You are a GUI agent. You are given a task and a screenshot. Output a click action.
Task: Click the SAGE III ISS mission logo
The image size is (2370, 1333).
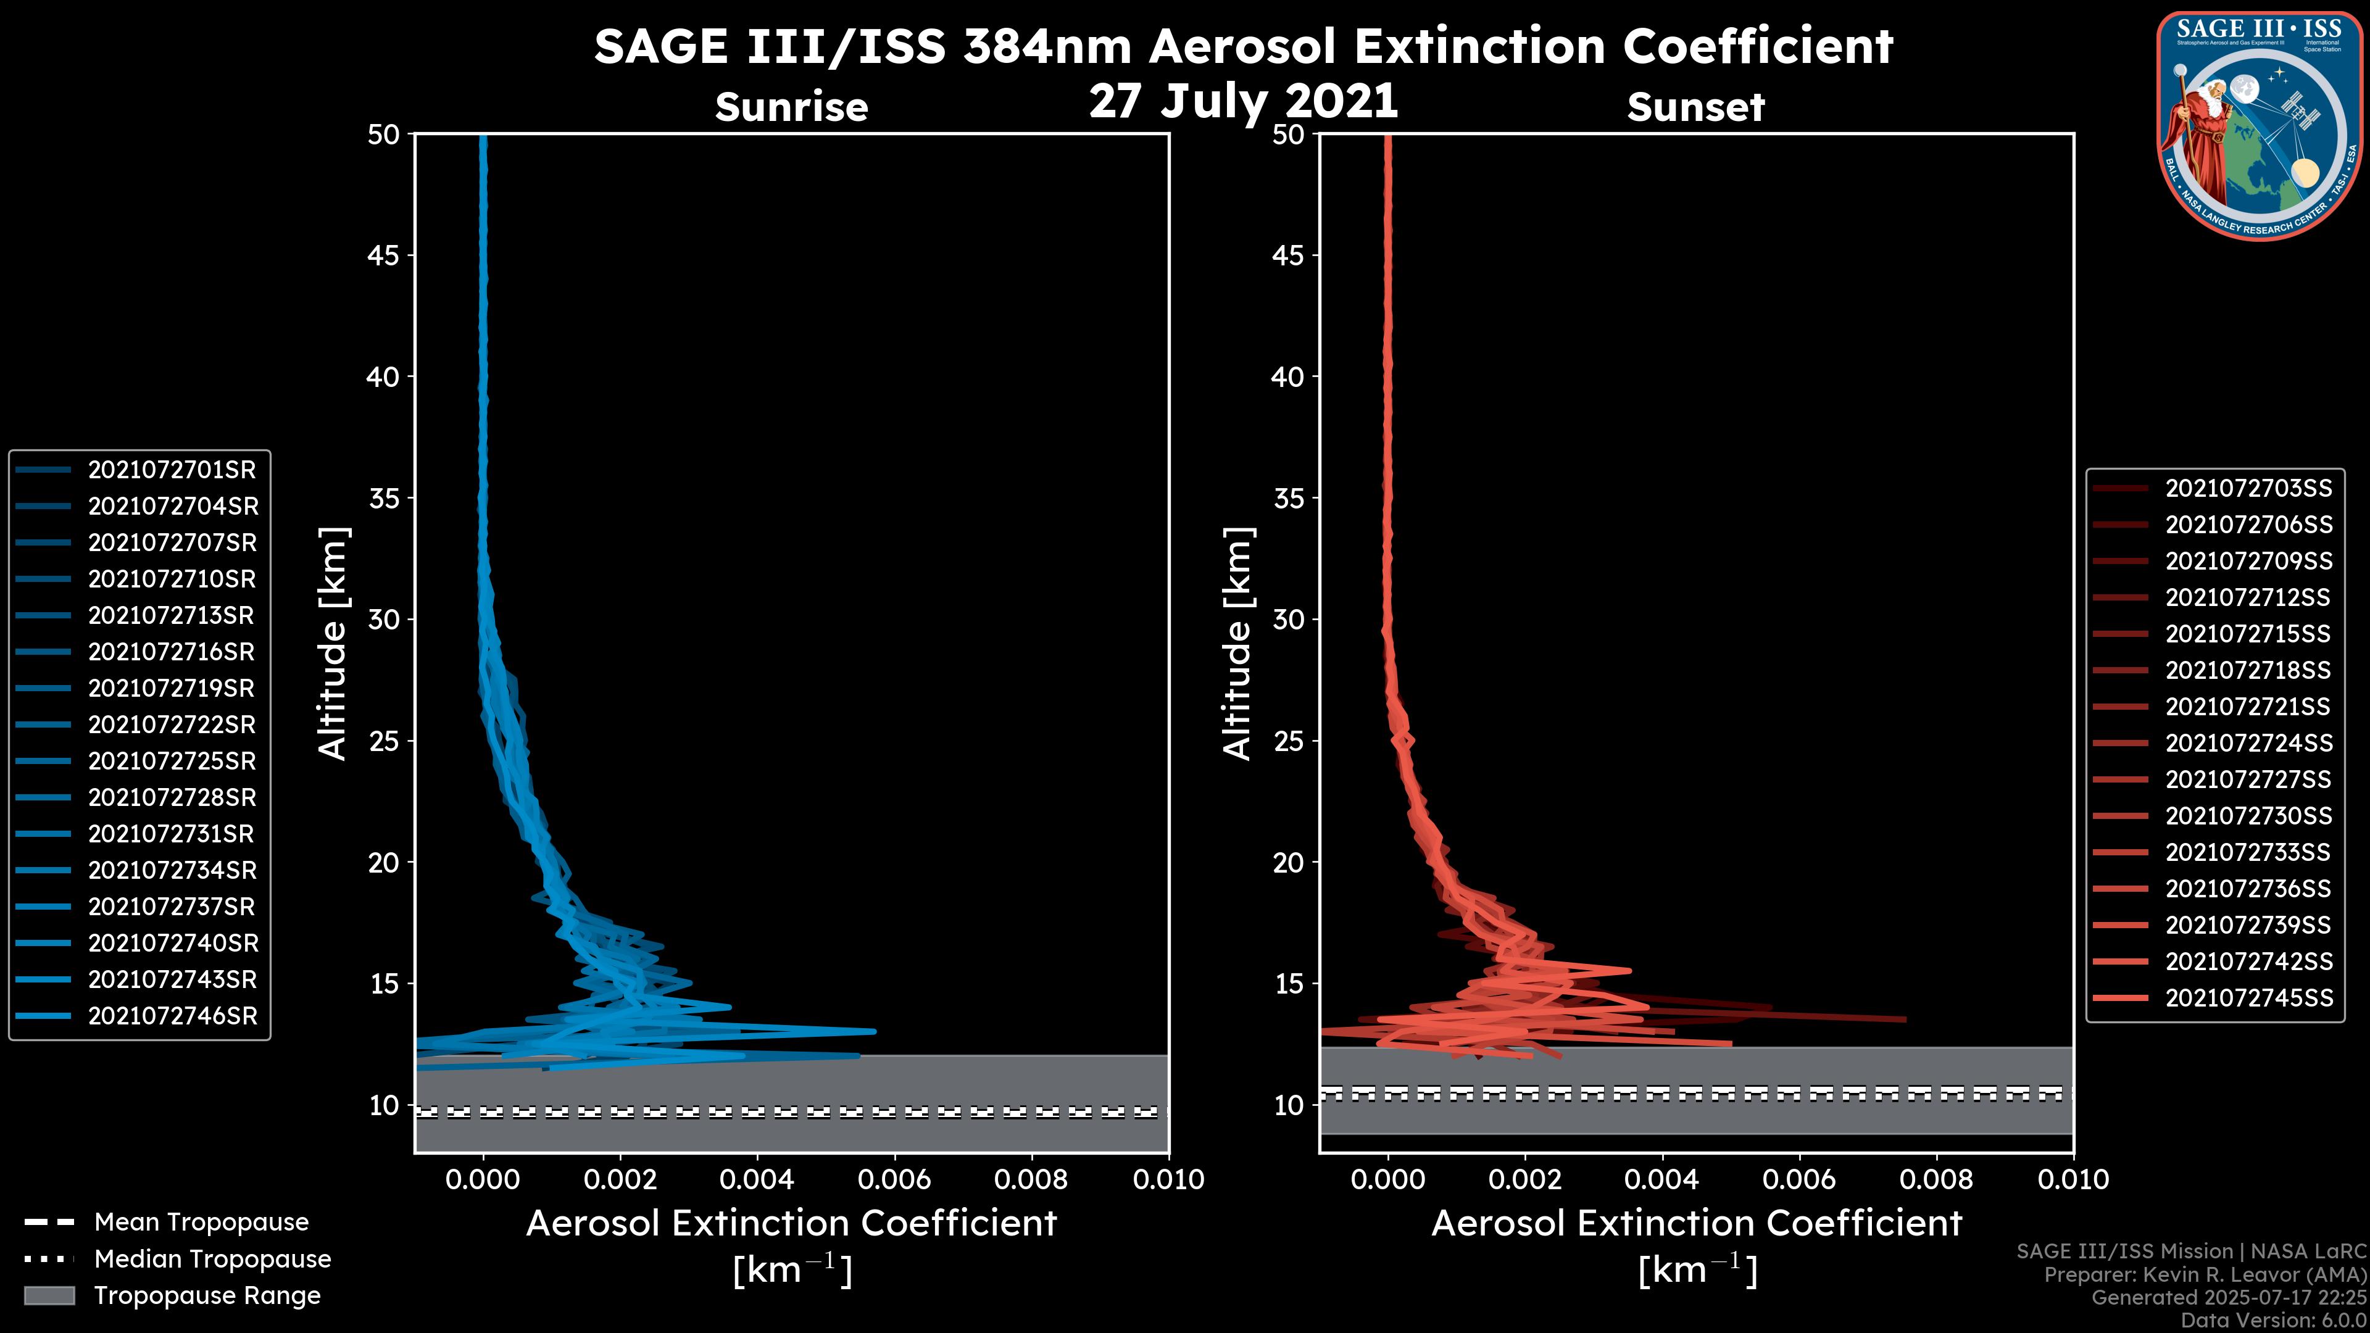point(2259,125)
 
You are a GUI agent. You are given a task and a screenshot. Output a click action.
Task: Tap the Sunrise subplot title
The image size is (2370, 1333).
point(791,107)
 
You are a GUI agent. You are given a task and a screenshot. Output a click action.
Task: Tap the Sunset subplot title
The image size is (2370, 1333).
point(1695,107)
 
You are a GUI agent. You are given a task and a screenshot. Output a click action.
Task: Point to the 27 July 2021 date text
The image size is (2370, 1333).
point(1243,101)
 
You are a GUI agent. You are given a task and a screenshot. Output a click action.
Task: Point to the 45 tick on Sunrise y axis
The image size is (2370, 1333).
point(384,255)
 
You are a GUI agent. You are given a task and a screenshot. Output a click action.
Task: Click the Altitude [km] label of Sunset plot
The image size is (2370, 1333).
point(1237,644)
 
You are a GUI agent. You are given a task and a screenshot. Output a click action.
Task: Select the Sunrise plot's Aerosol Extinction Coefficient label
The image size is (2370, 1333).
point(791,1224)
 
